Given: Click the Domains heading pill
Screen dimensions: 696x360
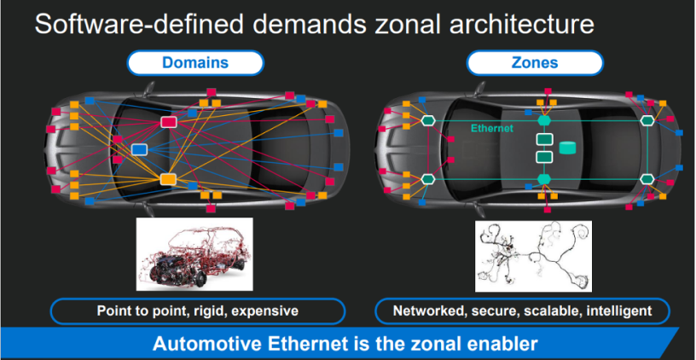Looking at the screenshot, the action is click(x=195, y=62).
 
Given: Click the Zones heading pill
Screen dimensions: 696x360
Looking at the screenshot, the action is click(x=535, y=62).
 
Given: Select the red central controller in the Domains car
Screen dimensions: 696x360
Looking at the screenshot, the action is click(x=168, y=122).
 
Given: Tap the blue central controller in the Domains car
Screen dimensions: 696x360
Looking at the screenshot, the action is click(x=139, y=149).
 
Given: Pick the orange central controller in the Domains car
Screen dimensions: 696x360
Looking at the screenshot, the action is click(x=168, y=179).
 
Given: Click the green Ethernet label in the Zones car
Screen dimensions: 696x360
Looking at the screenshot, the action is click(x=492, y=129).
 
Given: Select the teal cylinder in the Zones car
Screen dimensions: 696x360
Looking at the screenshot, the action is click(x=567, y=148).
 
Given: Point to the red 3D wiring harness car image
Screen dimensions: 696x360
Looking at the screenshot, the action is click(x=194, y=254).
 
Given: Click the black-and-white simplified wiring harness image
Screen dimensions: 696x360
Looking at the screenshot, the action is click(x=533, y=256).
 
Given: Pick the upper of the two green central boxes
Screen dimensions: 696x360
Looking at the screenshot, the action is click(x=544, y=139).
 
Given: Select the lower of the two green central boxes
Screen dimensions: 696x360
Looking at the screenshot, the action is click(x=544, y=157).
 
